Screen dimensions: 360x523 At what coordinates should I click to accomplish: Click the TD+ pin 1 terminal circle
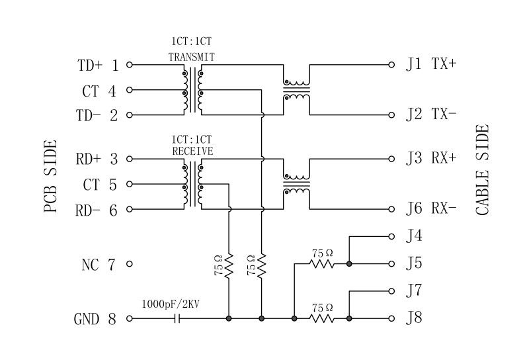tap(130, 65)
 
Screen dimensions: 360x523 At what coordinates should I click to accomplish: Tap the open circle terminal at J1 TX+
tap(391, 65)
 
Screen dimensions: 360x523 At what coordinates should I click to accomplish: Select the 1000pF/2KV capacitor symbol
tap(177, 318)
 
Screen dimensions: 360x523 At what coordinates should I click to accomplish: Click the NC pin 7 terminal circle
tap(130, 265)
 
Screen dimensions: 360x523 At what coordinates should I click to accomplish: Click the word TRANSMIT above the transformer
tap(191, 57)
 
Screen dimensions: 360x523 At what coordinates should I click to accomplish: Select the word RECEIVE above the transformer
tap(192, 151)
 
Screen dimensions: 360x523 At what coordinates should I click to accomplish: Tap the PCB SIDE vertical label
tap(51, 176)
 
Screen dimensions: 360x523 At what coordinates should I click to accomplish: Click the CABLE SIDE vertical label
tap(482, 170)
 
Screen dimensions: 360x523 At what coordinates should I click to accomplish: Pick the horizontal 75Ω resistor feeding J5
tap(323, 264)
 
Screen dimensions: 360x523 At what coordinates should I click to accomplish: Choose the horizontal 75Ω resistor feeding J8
tap(323, 318)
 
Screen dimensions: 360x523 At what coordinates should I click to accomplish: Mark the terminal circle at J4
tap(391, 235)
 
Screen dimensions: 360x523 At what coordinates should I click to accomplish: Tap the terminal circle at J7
tap(391, 290)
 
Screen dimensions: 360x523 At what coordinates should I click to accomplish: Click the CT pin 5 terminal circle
tap(130, 184)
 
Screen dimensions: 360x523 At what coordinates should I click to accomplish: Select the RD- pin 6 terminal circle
tap(130, 210)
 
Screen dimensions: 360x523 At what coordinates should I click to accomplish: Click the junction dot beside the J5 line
tap(349, 264)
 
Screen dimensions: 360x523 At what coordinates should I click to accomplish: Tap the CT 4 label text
tap(99, 91)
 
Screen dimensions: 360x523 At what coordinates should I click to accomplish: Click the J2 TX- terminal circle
tap(391, 114)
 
